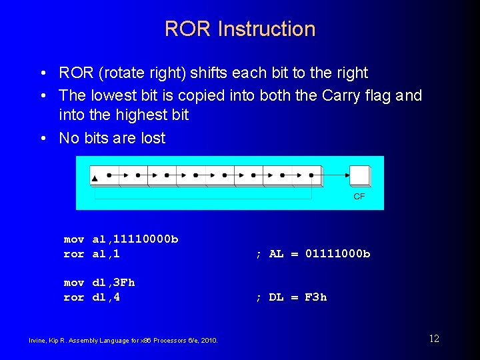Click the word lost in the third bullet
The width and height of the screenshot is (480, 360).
pyautogui.click(x=153, y=138)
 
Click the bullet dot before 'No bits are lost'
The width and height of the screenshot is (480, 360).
pyautogui.click(x=43, y=139)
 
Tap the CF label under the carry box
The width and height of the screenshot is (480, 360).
pyautogui.click(x=359, y=197)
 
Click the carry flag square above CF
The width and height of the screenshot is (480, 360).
pyautogui.click(x=359, y=175)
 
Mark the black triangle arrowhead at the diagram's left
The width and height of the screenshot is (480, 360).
pyautogui.click(x=95, y=179)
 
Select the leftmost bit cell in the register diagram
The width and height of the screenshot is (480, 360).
pyautogui.click(x=104, y=175)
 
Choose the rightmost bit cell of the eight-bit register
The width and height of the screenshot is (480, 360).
pyautogui.click(x=307, y=175)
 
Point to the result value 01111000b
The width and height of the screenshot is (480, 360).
pyautogui.click(x=337, y=254)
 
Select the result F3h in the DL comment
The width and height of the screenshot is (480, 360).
pyautogui.click(x=315, y=297)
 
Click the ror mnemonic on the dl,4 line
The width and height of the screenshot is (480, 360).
pyautogui.click(x=73, y=297)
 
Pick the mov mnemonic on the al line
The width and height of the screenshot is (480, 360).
pyautogui.click(x=73, y=239)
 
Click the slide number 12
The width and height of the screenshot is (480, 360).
pyautogui.click(x=433, y=339)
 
